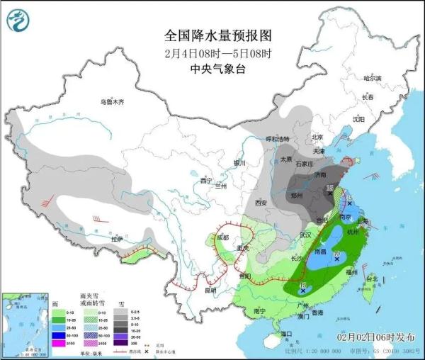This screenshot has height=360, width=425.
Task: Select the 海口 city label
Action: tap(286, 333)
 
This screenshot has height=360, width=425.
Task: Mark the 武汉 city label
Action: tap(306, 235)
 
